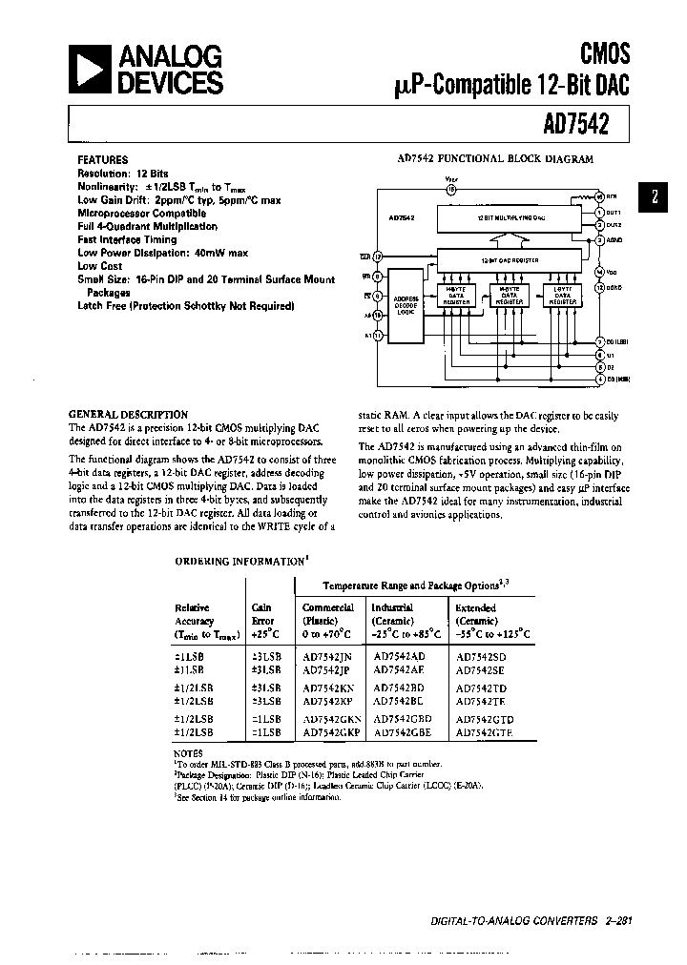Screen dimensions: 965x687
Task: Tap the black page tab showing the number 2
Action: click(x=654, y=198)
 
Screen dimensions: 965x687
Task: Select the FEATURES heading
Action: click(x=102, y=160)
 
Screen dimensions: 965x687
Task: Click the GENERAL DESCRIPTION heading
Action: click(x=128, y=415)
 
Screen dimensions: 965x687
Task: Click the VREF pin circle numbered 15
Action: click(x=451, y=189)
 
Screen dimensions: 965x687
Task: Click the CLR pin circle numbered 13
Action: click(x=378, y=257)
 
